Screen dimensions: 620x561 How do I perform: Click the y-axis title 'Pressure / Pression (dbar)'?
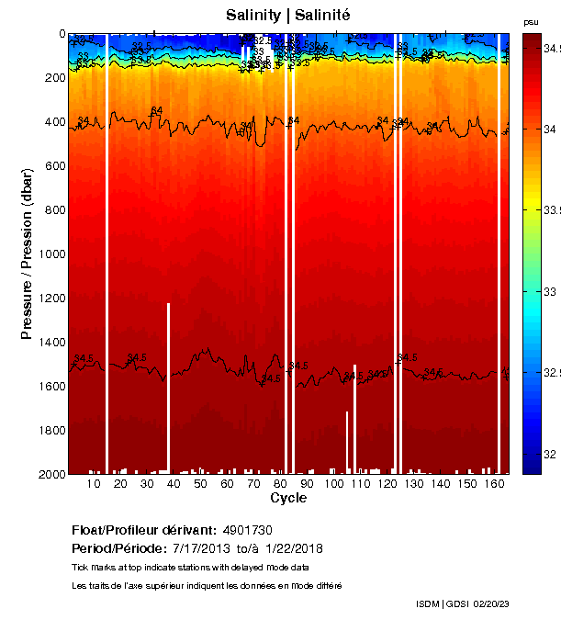coord(27,254)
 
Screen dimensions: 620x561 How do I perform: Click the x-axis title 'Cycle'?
coord(288,498)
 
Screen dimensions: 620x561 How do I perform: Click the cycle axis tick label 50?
coord(200,484)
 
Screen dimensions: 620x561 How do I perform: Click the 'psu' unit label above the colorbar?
coord(531,21)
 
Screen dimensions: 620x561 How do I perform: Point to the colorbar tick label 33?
coord(548,291)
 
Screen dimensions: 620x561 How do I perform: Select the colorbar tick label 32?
coord(548,455)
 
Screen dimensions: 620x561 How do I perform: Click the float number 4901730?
coord(247,531)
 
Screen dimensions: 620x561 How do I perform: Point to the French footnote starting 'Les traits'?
coord(207,585)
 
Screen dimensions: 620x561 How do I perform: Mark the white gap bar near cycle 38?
coord(168,386)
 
